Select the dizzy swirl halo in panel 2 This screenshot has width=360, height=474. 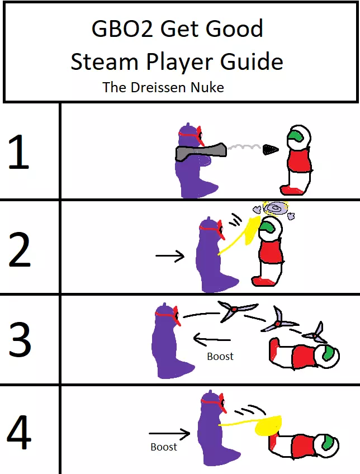point(275,209)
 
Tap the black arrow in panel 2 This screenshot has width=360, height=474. point(170,256)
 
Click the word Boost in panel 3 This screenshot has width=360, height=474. point(220,356)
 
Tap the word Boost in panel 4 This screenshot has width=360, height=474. point(164,447)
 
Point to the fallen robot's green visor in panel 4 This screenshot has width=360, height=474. point(329,443)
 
